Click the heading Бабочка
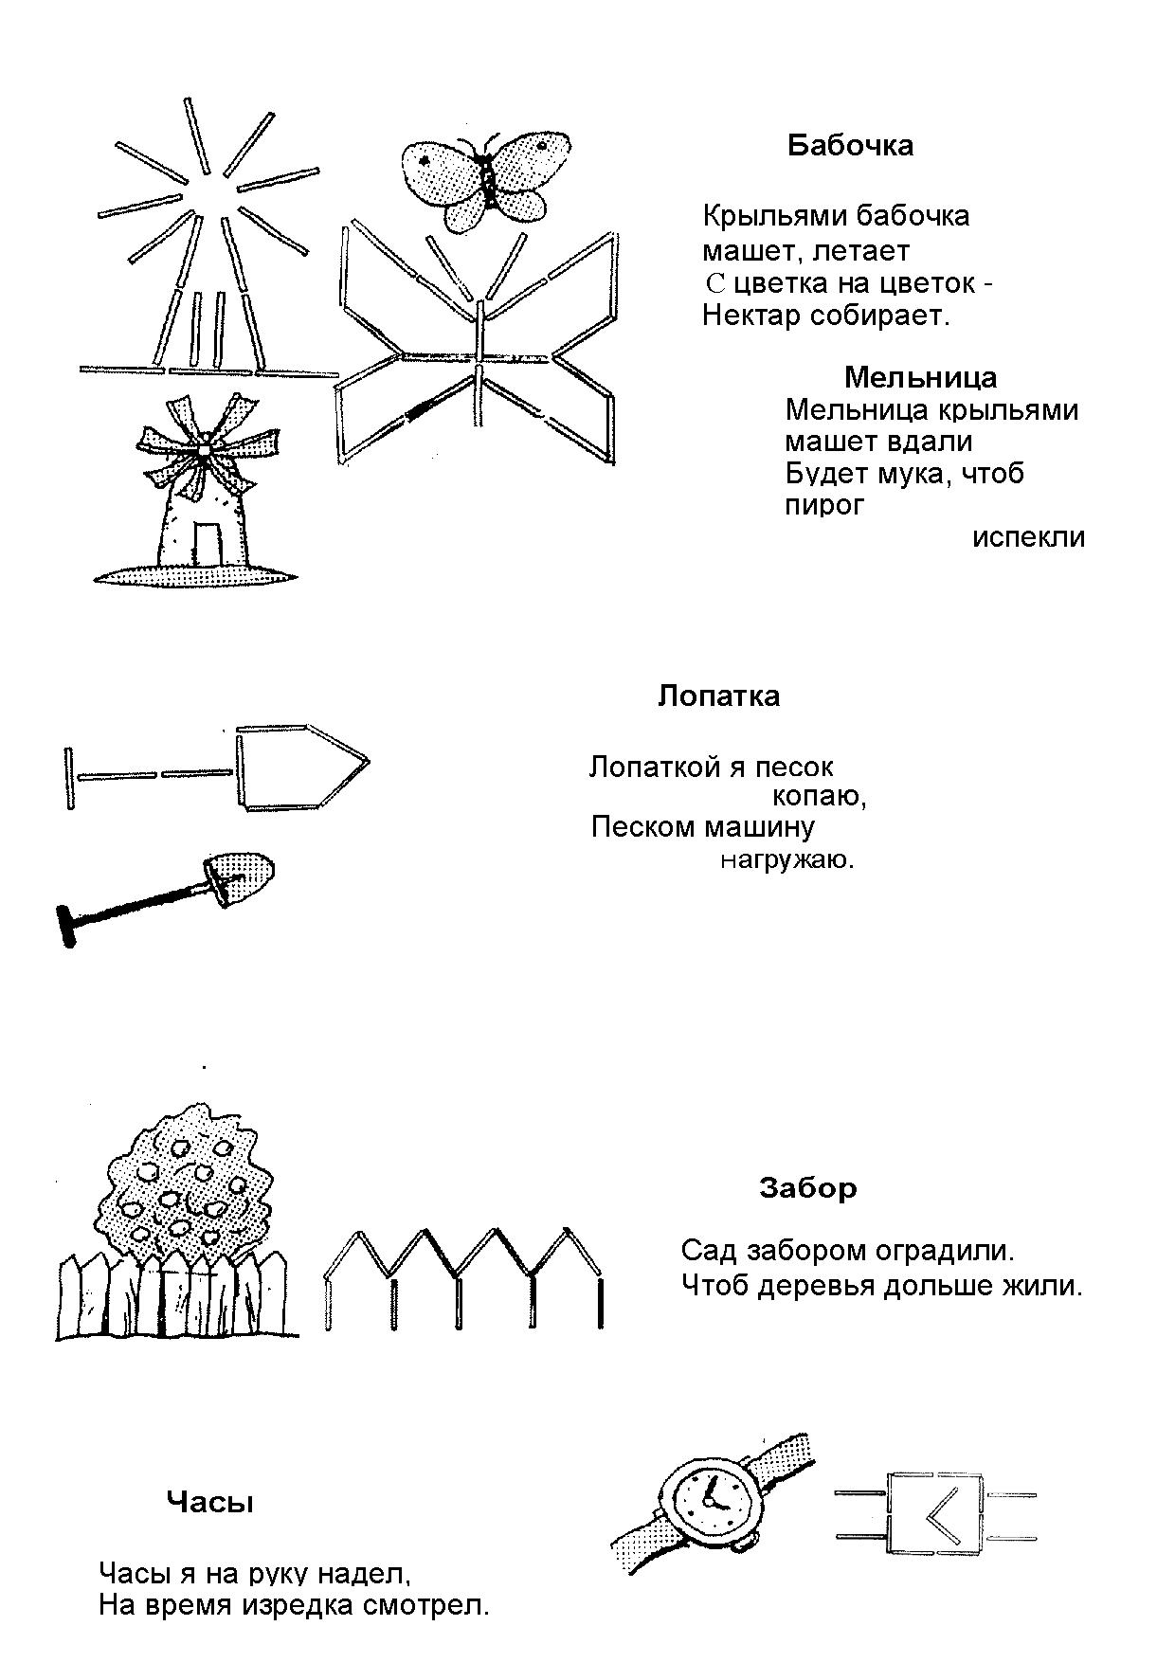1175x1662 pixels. click(850, 145)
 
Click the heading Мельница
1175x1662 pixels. click(920, 377)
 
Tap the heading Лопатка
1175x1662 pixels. click(718, 696)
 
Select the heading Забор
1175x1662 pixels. click(807, 1187)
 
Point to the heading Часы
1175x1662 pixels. click(209, 1502)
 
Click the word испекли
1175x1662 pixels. click(1028, 537)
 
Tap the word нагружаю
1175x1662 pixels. click(786, 860)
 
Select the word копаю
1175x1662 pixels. click(819, 797)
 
